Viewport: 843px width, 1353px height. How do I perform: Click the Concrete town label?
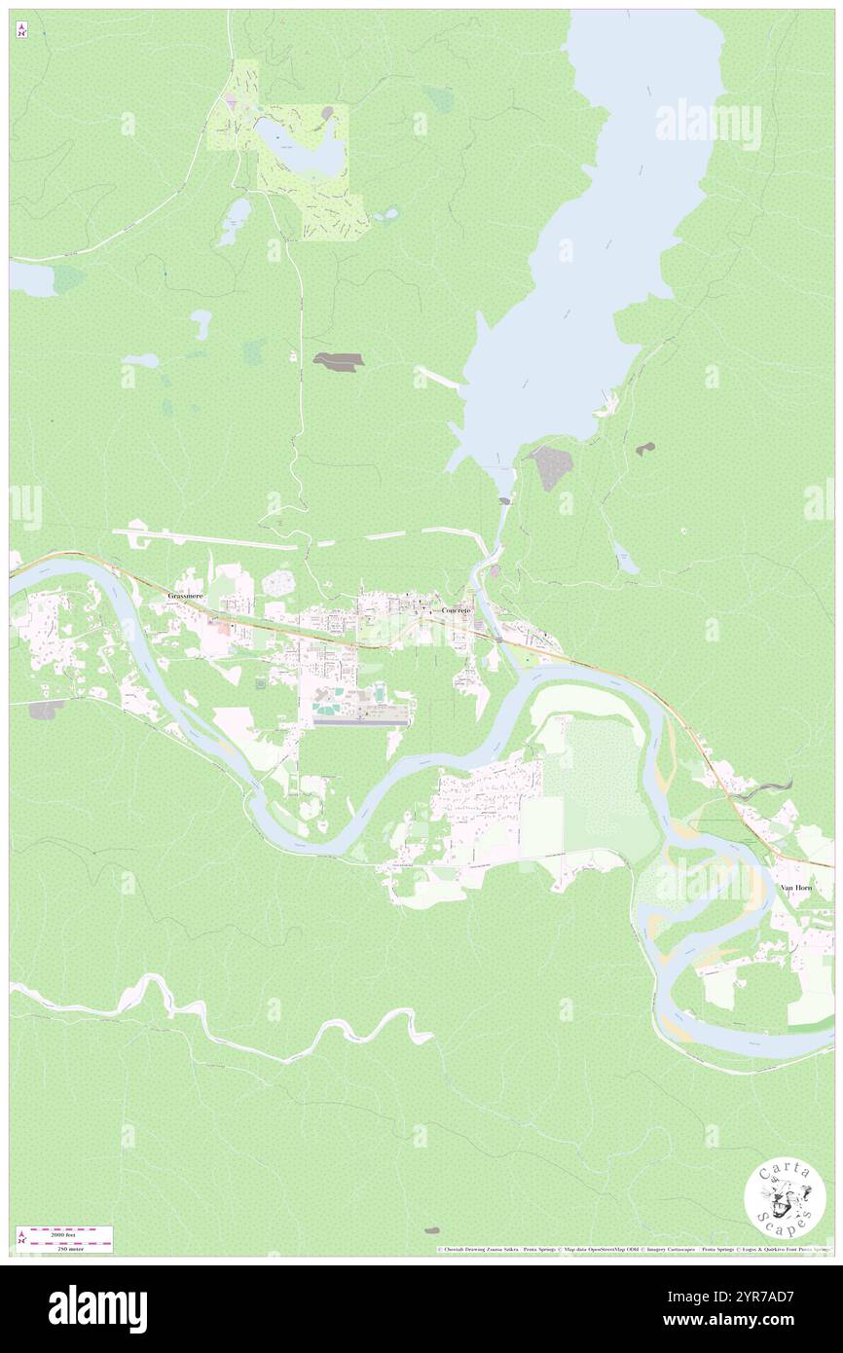[x=456, y=610]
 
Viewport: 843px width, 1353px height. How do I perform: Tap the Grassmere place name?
[x=185, y=595]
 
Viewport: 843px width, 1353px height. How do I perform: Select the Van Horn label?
[x=796, y=889]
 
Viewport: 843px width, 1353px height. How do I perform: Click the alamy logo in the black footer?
[x=97, y=1309]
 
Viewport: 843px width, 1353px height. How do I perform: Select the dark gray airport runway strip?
[x=360, y=722]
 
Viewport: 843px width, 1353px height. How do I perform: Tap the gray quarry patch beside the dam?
[x=551, y=468]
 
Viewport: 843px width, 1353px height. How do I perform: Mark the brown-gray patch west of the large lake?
[x=338, y=360]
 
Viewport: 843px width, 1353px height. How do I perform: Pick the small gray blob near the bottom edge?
[x=431, y=1230]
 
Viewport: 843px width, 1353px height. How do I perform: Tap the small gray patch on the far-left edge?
[x=44, y=711]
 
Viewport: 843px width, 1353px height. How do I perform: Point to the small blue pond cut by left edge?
[x=31, y=280]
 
